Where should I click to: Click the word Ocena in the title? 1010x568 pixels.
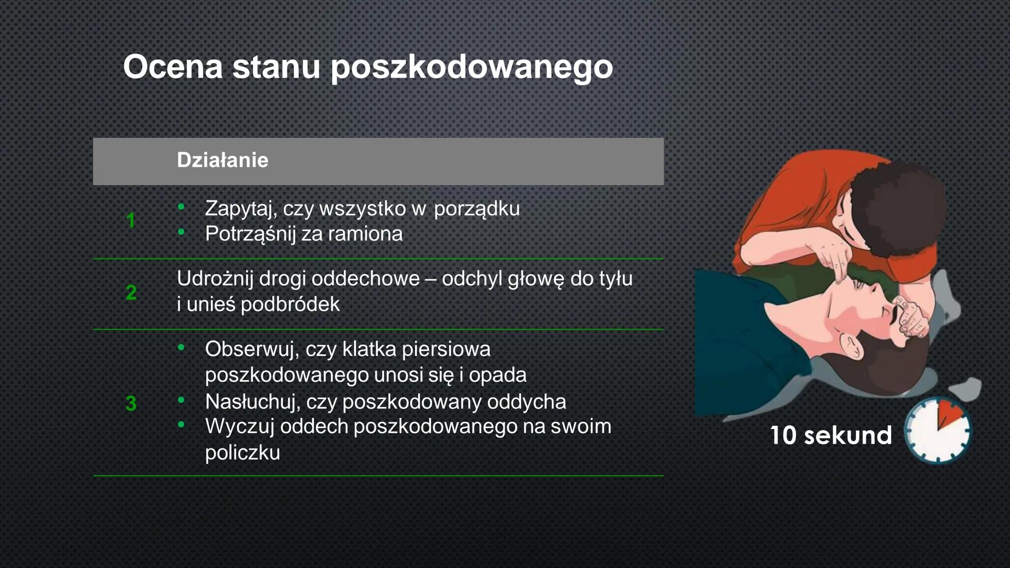click(173, 67)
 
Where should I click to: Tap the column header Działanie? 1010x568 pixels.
click(222, 160)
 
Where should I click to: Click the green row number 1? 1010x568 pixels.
click(130, 220)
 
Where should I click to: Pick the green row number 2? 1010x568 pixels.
click(131, 292)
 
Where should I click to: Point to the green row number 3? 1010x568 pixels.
click(131, 403)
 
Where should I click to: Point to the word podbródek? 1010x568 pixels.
click(290, 305)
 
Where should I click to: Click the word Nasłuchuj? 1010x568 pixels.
click(252, 402)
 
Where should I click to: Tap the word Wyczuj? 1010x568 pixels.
click(239, 427)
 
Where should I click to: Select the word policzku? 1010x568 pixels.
click(243, 453)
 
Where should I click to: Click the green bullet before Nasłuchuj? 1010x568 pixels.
click(181, 401)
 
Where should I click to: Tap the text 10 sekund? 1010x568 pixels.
click(831, 435)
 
